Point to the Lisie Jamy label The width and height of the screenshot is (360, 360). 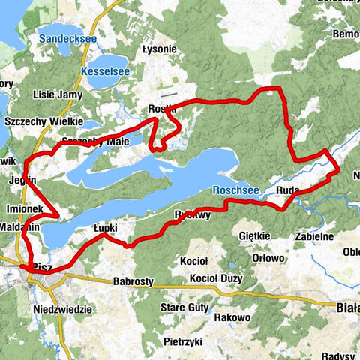(56, 95)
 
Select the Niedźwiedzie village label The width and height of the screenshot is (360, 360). (62, 309)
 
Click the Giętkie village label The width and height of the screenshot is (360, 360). (253, 235)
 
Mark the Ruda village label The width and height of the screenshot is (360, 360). (288, 191)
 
